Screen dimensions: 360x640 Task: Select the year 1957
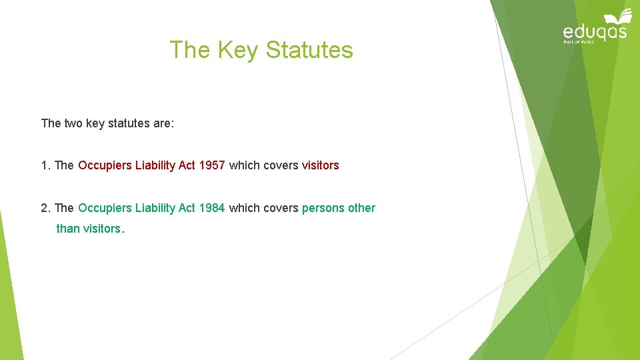coord(212,165)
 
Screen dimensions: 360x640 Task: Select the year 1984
coord(212,208)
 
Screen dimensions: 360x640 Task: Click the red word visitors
coord(320,165)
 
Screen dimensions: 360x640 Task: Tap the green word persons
coord(323,208)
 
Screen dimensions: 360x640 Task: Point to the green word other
coord(361,208)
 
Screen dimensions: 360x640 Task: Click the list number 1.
coord(45,165)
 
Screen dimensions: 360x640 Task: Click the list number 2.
coord(45,208)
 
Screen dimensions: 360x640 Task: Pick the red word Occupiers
coord(105,165)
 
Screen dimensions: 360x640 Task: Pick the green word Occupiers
coord(105,208)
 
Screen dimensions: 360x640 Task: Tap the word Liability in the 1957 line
coord(155,165)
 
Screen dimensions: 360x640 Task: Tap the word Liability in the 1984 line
coord(155,208)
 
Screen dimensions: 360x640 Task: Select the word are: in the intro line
coord(162,123)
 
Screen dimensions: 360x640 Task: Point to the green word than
coord(68,229)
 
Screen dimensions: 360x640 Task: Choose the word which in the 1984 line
coord(244,208)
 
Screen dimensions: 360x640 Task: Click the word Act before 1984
coord(187,208)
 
